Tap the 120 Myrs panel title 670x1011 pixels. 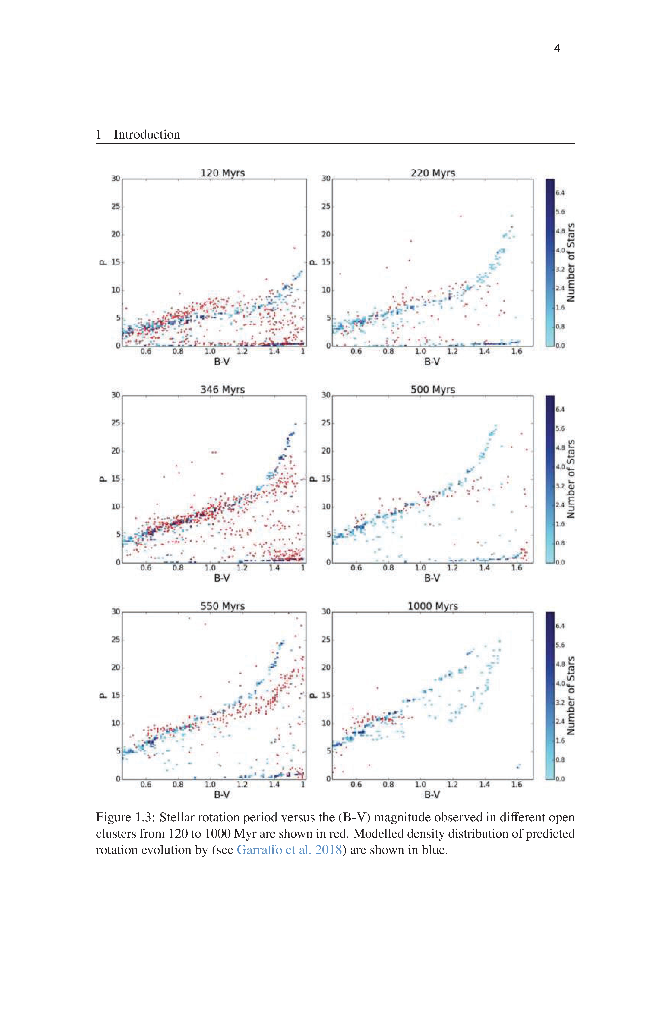(223, 173)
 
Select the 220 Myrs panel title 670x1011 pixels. (433, 173)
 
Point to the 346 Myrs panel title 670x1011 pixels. (223, 389)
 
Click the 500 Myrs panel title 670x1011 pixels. (433, 389)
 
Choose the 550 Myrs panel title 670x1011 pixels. (223, 606)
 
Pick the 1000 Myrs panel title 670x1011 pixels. (433, 606)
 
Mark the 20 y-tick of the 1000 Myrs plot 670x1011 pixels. (326, 668)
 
